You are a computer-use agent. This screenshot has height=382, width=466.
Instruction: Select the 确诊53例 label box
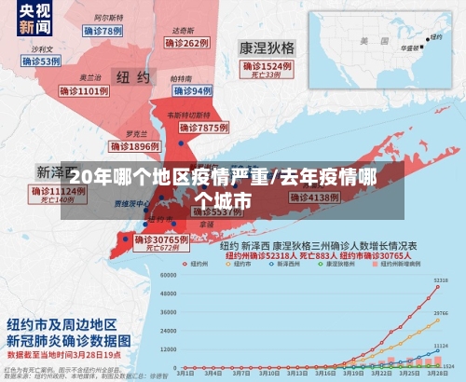click(40, 61)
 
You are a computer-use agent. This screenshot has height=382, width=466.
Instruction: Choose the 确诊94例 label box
click(193, 90)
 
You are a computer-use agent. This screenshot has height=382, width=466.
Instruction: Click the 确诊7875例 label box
click(204, 127)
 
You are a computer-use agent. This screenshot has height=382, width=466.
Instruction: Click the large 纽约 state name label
click(130, 75)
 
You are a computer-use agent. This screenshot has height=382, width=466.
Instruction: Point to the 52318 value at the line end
click(441, 280)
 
